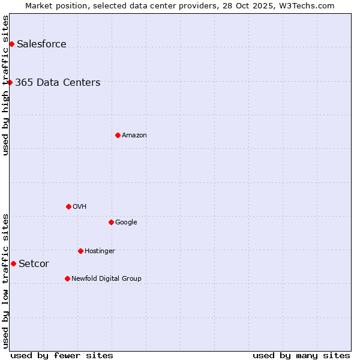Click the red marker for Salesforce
click(x=11, y=44)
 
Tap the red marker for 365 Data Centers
click(x=10, y=82)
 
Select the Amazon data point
click(x=118, y=135)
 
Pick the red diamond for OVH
click(x=68, y=206)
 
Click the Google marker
click(x=111, y=222)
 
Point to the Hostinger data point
click(x=80, y=251)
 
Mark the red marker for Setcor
click(x=13, y=263)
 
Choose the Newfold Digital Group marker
click(x=67, y=278)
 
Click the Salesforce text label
click(x=41, y=44)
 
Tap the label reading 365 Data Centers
click(x=58, y=82)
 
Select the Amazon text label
click(x=134, y=135)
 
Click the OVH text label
click(x=80, y=206)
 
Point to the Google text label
click(x=126, y=222)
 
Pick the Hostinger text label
click(x=100, y=251)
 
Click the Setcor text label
click(x=34, y=263)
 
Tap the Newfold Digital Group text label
click(x=106, y=278)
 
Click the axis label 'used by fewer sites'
click(x=62, y=355)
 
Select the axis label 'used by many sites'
click(x=301, y=355)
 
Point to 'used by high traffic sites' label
click(x=5, y=85)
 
